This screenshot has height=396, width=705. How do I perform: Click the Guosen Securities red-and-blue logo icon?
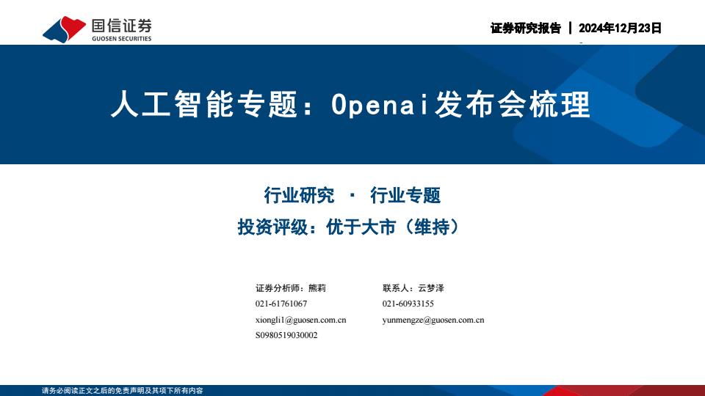click(x=64, y=29)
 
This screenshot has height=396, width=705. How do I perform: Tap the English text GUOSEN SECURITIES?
click(x=121, y=39)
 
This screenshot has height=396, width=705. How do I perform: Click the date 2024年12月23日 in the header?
click(x=620, y=28)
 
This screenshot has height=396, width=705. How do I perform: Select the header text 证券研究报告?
click(x=526, y=28)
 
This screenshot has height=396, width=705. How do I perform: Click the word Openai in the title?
click(x=380, y=105)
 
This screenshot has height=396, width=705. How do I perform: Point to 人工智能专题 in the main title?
click(x=204, y=104)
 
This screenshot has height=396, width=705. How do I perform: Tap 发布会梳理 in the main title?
click(x=512, y=104)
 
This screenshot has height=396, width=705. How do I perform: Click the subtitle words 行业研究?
click(x=299, y=195)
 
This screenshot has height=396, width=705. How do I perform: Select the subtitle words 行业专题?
click(x=405, y=195)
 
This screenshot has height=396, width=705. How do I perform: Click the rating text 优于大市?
click(x=361, y=227)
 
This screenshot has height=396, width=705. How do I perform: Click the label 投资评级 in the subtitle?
click(x=272, y=227)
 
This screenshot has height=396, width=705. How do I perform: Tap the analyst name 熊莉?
click(x=317, y=288)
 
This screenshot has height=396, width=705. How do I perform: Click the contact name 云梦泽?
click(x=431, y=288)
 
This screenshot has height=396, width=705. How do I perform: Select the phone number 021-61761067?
click(x=281, y=304)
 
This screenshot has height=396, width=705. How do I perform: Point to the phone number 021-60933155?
click(x=408, y=304)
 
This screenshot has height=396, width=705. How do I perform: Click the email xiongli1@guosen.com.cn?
click(x=301, y=320)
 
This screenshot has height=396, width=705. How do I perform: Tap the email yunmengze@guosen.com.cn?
click(x=433, y=320)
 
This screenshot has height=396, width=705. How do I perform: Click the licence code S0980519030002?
click(x=286, y=335)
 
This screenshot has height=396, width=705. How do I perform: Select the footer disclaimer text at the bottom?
click(x=123, y=391)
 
